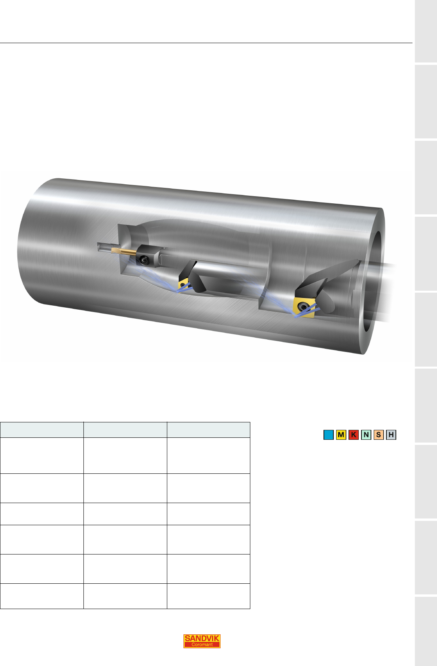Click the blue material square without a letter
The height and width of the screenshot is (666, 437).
pyautogui.click(x=329, y=435)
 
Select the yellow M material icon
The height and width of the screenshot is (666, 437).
pyautogui.click(x=341, y=435)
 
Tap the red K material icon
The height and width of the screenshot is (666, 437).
pyautogui.click(x=354, y=435)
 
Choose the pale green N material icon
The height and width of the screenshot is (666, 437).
pyautogui.click(x=366, y=435)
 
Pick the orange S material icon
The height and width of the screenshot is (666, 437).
pyautogui.click(x=378, y=435)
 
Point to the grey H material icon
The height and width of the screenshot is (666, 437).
pyautogui.click(x=391, y=435)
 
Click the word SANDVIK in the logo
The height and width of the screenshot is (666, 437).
pyautogui.click(x=202, y=638)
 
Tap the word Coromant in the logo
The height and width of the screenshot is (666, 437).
pyautogui.click(x=202, y=645)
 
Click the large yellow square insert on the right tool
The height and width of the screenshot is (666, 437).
pyautogui.click(x=304, y=308)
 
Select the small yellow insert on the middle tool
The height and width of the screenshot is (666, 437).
pyautogui.click(x=184, y=284)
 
